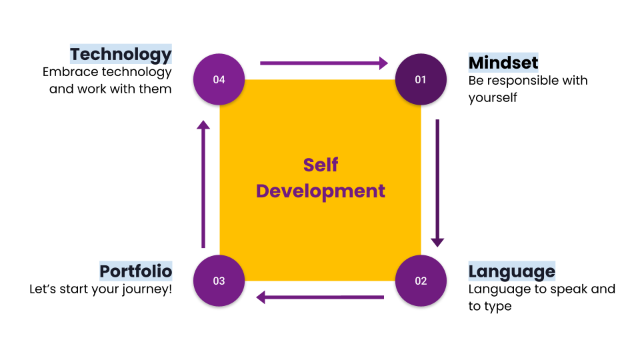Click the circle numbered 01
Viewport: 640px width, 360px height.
pos(420,79)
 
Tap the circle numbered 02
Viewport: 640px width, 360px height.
pos(420,281)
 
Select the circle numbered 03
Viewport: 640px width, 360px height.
pos(219,281)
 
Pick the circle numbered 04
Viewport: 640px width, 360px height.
pos(219,79)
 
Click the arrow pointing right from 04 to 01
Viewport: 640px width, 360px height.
pos(323,63)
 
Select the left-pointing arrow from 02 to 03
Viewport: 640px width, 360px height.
pos(320,297)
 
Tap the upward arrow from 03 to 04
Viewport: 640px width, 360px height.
pos(203,183)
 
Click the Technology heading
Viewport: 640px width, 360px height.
pos(121,54)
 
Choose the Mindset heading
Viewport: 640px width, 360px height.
pos(503,63)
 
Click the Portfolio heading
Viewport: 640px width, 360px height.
pos(136,271)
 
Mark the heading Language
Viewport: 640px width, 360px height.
pos(511,271)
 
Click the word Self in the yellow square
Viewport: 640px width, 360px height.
pos(321,165)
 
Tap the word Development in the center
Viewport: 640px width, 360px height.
pos(321,191)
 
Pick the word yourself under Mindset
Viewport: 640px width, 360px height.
pos(493,98)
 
